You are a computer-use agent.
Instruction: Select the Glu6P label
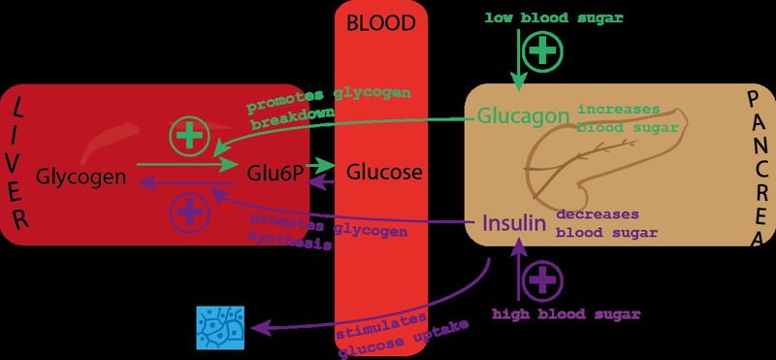pyautogui.click(x=272, y=174)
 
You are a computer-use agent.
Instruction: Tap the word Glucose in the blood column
pyautogui.click(x=385, y=173)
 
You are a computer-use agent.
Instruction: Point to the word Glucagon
pyautogui.click(x=522, y=115)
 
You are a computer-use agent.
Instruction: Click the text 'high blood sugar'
pyautogui.click(x=566, y=314)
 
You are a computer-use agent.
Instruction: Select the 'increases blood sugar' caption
pyautogui.click(x=619, y=116)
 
